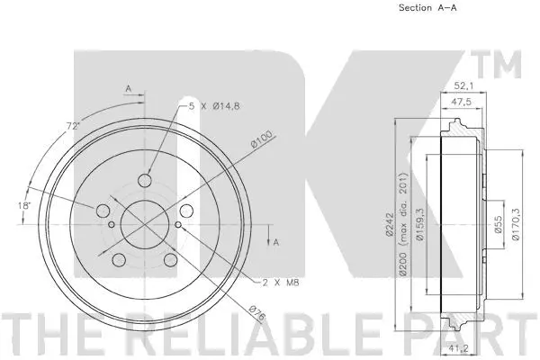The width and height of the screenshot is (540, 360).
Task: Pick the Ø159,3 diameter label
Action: [421, 225]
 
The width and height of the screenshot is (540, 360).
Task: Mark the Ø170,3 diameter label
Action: [516, 225]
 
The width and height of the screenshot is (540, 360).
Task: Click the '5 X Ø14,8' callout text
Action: [217, 105]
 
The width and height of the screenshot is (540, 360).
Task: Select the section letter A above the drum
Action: [129, 88]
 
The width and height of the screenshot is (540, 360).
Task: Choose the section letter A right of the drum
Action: [276, 242]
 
